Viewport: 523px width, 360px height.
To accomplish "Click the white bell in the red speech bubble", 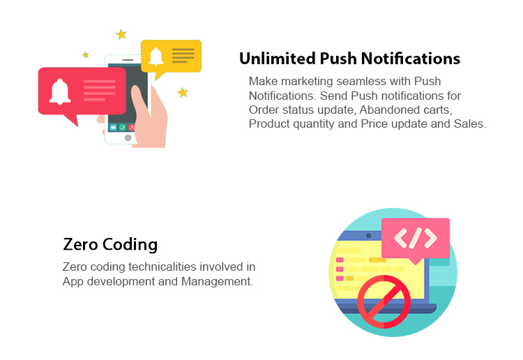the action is pos(60,91).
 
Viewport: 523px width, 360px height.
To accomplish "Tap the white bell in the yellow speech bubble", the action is pos(156,56).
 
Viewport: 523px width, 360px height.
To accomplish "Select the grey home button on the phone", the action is pos(128,137).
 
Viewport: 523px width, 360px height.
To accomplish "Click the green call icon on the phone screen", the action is pos(123,127).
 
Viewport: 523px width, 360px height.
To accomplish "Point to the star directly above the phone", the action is pos(121,34).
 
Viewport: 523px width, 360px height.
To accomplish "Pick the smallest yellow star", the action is pos(86,54).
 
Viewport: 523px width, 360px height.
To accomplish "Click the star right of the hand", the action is pos(183,92).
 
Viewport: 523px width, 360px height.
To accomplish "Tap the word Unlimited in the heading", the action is pos(277,59).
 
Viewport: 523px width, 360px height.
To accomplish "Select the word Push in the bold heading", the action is pos(338,59).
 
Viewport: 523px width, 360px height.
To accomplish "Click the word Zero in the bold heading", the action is pos(80,245).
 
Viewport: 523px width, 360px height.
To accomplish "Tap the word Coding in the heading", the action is pos(130,245).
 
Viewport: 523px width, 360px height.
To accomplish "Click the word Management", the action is pos(217,282).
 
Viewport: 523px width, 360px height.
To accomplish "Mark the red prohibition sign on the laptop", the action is pos(384,301).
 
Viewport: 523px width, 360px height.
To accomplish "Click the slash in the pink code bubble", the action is pos(416,238).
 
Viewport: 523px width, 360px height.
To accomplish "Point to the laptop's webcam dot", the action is pos(369,236).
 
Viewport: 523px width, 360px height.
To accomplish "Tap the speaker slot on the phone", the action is pos(128,60).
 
